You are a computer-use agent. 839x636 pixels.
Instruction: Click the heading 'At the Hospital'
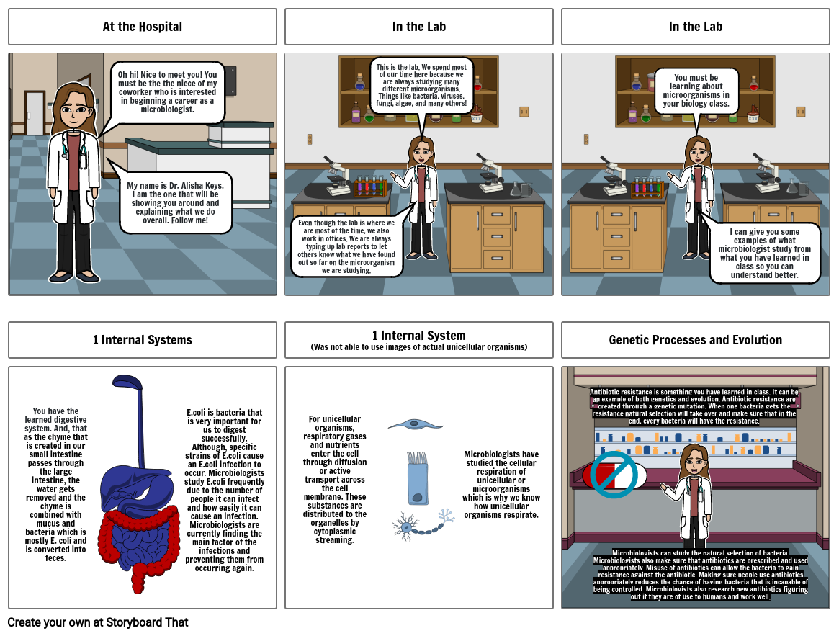142,27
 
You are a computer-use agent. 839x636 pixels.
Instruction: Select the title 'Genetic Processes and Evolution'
695,340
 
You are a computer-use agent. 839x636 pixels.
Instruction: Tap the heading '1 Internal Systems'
142,340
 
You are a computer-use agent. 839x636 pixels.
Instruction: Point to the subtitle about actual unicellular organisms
418,347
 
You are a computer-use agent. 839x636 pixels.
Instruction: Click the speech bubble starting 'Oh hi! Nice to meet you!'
167,91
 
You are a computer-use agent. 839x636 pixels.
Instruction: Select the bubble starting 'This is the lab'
421,86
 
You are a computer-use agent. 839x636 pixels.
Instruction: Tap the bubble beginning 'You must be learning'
696,91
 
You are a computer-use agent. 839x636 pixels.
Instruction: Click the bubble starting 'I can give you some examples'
764,253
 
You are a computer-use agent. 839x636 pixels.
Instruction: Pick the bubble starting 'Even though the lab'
347,246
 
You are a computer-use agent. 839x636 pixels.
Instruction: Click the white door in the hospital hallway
35,114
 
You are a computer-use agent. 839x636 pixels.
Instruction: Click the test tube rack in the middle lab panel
369,187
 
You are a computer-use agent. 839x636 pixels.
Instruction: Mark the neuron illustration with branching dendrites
407,527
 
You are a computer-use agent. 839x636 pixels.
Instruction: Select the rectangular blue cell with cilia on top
418,478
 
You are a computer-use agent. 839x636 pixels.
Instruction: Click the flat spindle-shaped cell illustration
416,425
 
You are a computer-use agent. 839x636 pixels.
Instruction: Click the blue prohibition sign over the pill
614,475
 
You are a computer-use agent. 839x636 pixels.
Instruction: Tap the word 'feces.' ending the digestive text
55,558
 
